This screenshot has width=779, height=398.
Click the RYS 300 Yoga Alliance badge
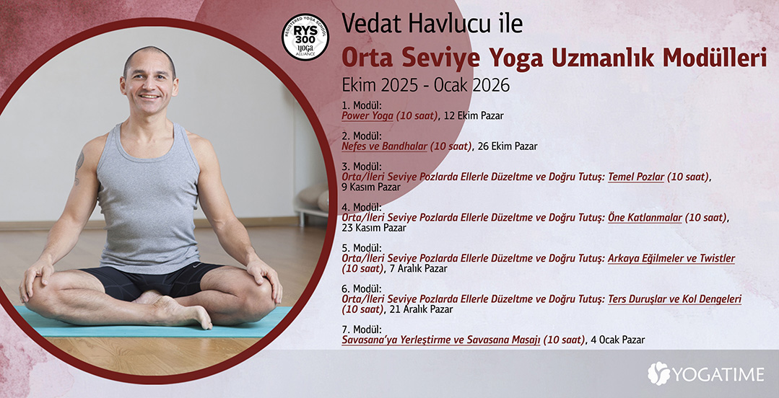(x=305, y=37)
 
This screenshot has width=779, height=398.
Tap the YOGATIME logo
(x=705, y=373)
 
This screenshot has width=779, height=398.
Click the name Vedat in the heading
(x=367, y=24)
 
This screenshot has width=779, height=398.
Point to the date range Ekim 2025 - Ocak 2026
(x=426, y=85)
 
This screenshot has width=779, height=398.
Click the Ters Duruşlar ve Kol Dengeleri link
(x=674, y=299)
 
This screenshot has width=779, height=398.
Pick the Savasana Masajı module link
(x=464, y=340)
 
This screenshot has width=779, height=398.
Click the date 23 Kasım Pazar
(x=374, y=229)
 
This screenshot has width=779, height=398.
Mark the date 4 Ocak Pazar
(x=618, y=340)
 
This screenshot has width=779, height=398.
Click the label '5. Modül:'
(x=362, y=247)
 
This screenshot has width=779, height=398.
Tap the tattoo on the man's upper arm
(x=79, y=168)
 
